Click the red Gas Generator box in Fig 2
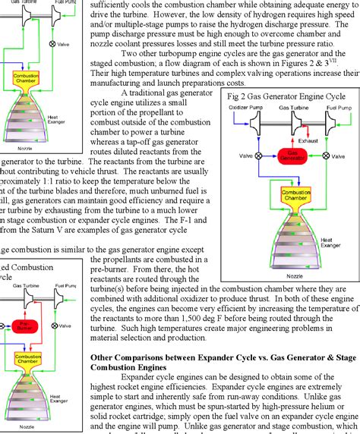287,155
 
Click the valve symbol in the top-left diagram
52,44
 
